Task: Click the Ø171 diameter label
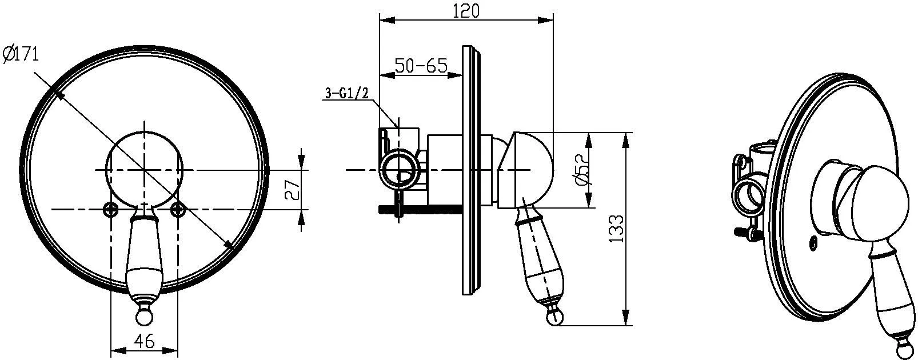21,54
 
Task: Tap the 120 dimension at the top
466,11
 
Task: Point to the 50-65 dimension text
421,66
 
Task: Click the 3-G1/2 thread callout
347,94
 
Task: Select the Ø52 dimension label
581,170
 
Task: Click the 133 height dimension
616,229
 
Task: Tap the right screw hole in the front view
178,209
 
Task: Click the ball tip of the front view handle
144,318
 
